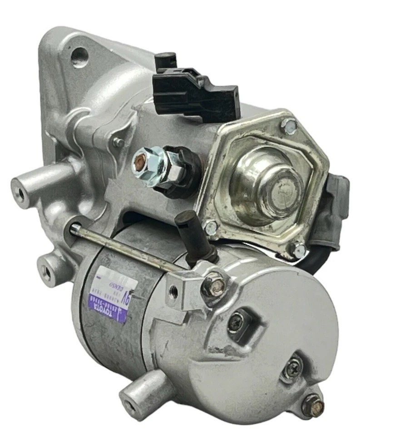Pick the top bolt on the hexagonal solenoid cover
289,125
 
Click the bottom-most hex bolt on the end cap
313,404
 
